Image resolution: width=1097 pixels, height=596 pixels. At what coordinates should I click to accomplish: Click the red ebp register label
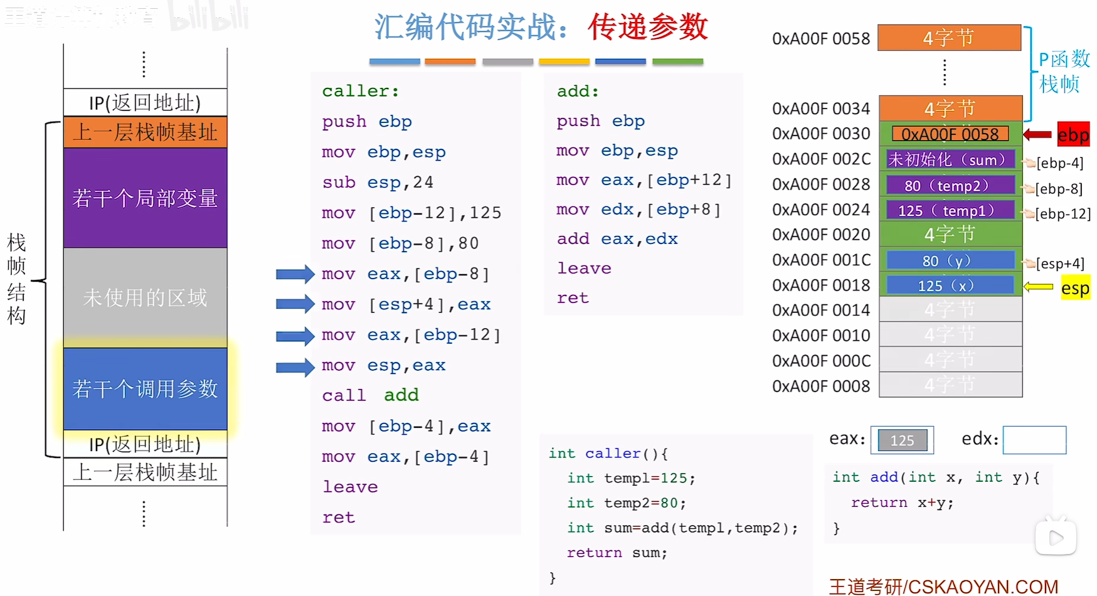pos(1073,134)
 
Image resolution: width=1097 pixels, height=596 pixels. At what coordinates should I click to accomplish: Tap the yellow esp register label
pos(1075,288)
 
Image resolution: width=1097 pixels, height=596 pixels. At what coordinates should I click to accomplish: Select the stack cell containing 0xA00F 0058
pos(950,134)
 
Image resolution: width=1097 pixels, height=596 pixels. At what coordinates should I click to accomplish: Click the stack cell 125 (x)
pos(950,285)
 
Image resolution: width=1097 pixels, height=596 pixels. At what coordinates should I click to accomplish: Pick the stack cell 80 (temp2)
pos(950,186)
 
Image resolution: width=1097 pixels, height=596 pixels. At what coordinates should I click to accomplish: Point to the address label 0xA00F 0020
pos(821,235)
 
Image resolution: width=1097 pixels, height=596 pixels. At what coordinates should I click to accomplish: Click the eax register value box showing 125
pos(902,440)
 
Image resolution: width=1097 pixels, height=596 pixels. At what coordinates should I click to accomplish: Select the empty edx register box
pos(1034,440)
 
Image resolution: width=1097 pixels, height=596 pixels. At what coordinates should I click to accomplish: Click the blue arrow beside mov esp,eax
pos(295,366)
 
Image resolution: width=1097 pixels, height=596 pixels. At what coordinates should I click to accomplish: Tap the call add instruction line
pos(370,395)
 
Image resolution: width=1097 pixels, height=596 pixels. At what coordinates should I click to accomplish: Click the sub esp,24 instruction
pos(378,183)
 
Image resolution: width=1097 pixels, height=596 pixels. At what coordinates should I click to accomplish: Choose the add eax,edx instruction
pos(617,239)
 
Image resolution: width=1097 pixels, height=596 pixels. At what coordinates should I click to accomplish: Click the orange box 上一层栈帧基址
pos(145,132)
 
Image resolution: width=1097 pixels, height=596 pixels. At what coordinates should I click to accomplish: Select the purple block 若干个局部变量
pos(145,198)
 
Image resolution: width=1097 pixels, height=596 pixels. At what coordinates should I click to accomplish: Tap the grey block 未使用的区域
pos(145,297)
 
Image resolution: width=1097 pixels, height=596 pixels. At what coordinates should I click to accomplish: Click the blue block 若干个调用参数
pos(145,389)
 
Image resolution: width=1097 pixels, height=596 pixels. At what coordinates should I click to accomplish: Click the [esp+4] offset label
pos(1059,263)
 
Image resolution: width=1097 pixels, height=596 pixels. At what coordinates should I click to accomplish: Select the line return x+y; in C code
pos(902,503)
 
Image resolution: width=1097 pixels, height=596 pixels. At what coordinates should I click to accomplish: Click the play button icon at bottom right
pos(1056,537)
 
